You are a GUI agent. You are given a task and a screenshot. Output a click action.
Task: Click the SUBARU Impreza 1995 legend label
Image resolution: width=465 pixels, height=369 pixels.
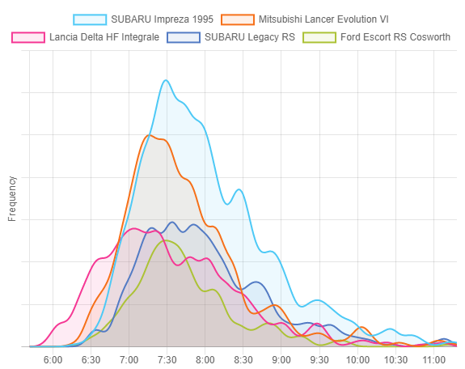click(x=162, y=19)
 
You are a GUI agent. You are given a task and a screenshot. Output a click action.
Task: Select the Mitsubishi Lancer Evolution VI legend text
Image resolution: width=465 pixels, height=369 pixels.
click(x=323, y=19)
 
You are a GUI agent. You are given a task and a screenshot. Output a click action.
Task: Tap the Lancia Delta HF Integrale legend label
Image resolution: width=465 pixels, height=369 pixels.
click(x=104, y=37)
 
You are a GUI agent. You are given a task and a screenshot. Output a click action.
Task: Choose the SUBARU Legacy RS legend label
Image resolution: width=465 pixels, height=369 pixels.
click(x=250, y=37)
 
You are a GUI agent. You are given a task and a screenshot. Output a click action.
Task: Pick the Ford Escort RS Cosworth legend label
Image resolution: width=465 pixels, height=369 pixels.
click(x=395, y=37)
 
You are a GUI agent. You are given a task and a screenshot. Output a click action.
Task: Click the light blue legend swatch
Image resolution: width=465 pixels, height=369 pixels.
click(x=90, y=19)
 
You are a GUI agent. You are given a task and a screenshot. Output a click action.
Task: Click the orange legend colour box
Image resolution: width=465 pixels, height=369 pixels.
click(x=238, y=19)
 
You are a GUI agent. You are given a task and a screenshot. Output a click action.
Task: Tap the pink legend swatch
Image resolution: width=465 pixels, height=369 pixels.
click(x=28, y=37)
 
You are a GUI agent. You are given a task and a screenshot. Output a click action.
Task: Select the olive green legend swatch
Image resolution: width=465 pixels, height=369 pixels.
click(x=319, y=37)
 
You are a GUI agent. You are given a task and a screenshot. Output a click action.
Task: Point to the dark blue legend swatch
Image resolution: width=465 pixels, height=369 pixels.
click(x=184, y=37)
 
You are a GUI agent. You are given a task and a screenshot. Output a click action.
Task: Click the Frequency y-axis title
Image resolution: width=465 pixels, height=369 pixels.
click(x=12, y=198)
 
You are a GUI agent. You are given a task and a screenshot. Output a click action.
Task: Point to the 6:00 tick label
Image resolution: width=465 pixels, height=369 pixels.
click(x=53, y=360)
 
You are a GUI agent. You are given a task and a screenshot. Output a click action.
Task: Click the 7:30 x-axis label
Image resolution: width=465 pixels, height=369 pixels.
click(x=167, y=360)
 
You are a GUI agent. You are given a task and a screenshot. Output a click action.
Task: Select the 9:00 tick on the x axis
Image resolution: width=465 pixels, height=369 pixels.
click(x=281, y=360)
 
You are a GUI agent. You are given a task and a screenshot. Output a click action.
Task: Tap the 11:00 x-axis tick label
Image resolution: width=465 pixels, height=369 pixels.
click(x=433, y=360)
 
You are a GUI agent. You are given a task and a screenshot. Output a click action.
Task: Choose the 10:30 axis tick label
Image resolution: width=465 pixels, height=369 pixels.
click(x=395, y=360)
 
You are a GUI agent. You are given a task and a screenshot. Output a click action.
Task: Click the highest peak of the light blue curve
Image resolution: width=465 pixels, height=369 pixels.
click(x=166, y=80)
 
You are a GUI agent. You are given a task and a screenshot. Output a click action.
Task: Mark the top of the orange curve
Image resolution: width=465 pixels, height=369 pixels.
click(x=149, y=135)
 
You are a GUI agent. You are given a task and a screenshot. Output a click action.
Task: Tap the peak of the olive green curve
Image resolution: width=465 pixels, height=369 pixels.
click(x=165, y=240)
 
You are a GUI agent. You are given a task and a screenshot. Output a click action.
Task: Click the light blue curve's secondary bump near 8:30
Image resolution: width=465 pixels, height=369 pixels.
click(x=239, y=189)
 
